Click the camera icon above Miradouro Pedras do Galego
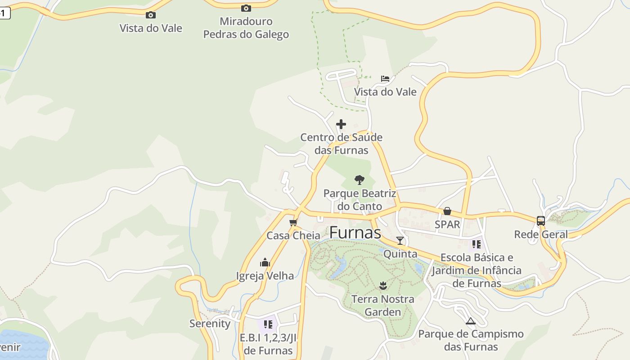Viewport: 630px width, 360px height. pyautogui.click(x=246, y=8)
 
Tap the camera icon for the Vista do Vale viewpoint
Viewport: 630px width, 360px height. pyautogui.click(x=151, y=15)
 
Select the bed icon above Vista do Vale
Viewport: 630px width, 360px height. pyautogui.click(x=385, y=79)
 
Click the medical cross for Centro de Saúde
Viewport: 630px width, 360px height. pyautogui.click(x=341, y=124)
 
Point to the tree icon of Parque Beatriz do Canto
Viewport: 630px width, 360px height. pyautogui.click(x=359, y=180)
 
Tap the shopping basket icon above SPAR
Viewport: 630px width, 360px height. pyautogui.click(x=447, y=211)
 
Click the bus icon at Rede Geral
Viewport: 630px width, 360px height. pyautogui.click(x=541, y=221)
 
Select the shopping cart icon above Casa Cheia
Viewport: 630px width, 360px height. pyautogui.click(x=293, y=222)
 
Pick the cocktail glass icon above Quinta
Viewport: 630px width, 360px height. pyautogui.click(x=400, y=241)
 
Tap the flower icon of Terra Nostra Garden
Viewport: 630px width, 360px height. pyautogui.click(x=383, y=285)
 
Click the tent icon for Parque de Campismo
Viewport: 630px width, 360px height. pyautogui.click(x=471, y=321)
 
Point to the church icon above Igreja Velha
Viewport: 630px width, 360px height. pyautogui.click(x=265, y=262)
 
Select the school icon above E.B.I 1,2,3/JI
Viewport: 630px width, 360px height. pyautogui.click(x=268, y=324)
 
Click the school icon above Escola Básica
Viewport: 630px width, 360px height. pyautogui.click(x=476, y=244)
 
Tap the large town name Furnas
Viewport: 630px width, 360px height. pyautogui.click(x=355, y=233)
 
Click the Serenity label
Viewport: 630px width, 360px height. pyautogui.click(x=210, y=324)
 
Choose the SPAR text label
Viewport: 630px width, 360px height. pyautogui.click(x=447, y=224)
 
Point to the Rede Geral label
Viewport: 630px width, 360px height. pyautogui.click(x=541, y=234)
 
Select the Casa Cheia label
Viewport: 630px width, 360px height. pyautogui.click(x=293, y=235)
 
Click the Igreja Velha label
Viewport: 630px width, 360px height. pyautogui.click(x=265, y=276)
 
